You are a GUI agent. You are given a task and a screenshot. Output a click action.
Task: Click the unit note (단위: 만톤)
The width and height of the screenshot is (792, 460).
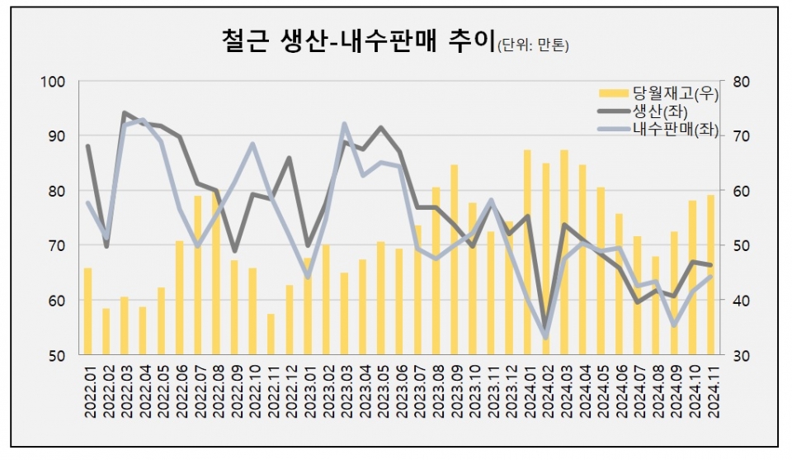533,45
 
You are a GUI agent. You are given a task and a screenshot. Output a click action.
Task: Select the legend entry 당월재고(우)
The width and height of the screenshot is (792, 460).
663,93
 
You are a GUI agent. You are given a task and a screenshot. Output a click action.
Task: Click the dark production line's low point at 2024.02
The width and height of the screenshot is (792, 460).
544,328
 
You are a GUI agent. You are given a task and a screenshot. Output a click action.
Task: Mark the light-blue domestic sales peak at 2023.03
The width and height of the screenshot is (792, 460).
344,125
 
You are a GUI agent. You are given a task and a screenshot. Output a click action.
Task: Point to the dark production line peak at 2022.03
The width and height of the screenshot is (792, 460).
125,112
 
